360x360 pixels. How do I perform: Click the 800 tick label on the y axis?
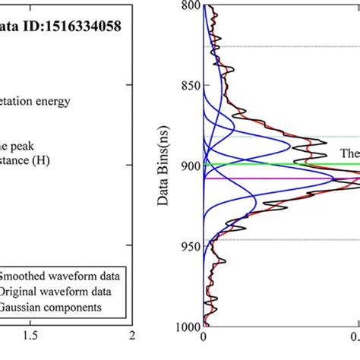(187, 6)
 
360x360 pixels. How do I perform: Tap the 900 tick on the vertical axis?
(187, 166)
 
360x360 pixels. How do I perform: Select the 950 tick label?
(187, 246)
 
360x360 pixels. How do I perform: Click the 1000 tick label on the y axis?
(184, 326)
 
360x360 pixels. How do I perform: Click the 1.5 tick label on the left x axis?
(30, 335)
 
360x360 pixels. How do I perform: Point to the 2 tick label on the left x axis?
(132, 335)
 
